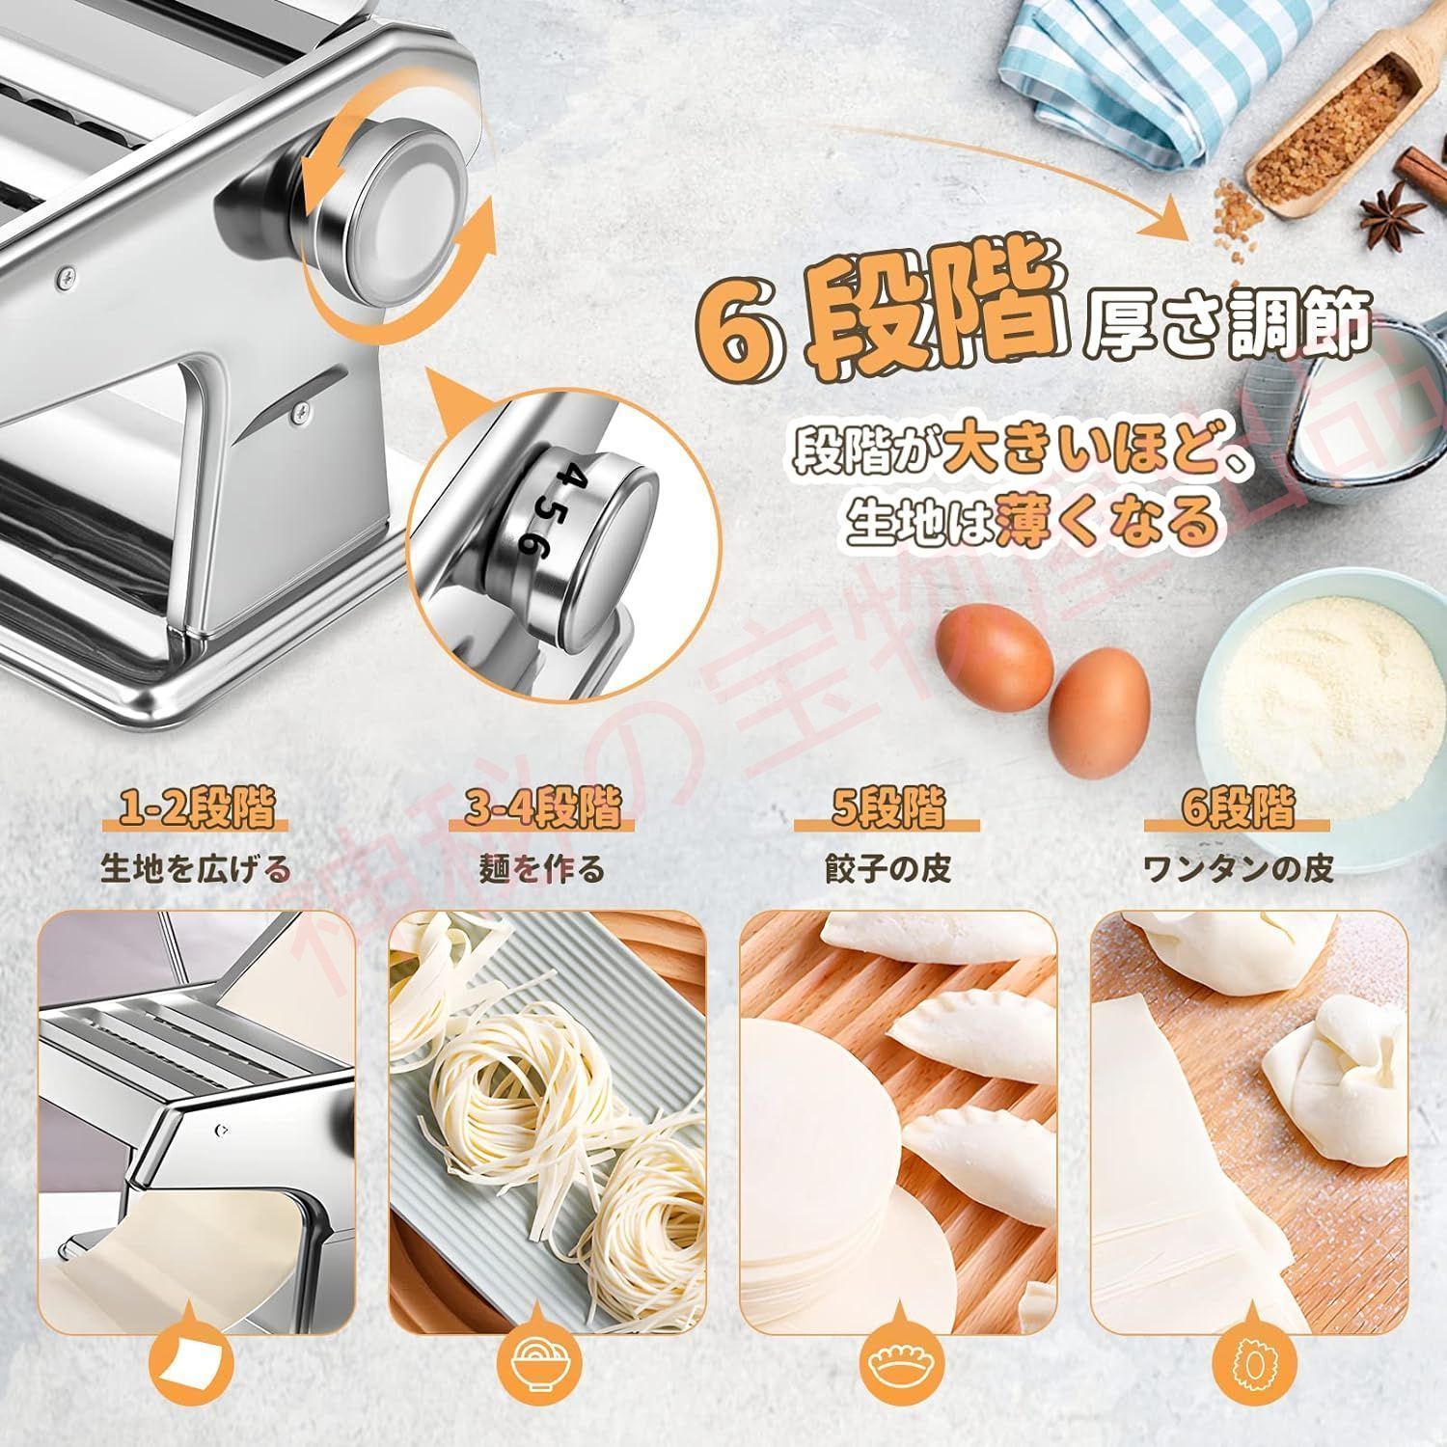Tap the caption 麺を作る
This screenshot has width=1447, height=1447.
[x=542, y=869]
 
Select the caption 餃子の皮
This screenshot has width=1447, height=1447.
[x=887, y=869]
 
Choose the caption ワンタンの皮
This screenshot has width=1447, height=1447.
[x=1238, y=869]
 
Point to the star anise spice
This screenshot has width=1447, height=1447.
[x=1391, y=210]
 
